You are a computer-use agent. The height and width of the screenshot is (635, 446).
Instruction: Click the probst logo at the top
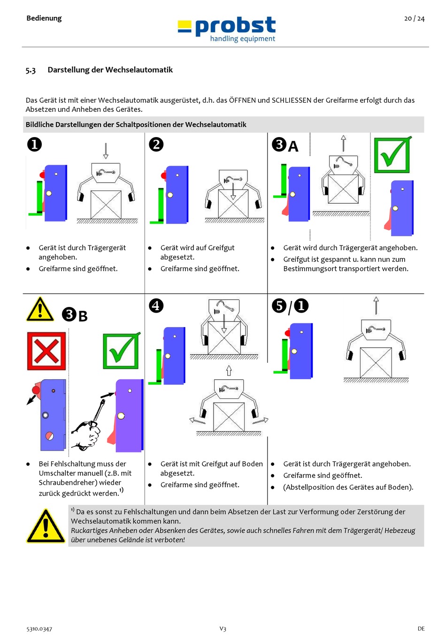tap(227, 30)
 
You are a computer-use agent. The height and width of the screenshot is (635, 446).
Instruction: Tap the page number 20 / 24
tap(414, 19)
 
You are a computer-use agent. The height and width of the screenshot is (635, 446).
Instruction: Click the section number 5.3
tap(31, 70)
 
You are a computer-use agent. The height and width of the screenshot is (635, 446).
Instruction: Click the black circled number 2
tap(156, 144)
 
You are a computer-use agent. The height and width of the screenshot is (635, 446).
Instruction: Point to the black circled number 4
tap(156, 306)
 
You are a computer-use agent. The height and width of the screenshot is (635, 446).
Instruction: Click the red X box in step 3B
tap(46, 351)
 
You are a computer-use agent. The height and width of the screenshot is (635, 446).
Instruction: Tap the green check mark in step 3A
tap(392, 154)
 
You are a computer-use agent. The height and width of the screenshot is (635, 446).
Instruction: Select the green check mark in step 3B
tap(121, 351)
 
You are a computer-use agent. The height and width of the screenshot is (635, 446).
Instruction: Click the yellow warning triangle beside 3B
tap(40, 309)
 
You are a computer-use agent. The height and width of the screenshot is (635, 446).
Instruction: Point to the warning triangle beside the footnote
tap(46, 526)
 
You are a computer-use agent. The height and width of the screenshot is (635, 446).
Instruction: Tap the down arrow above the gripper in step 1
tap(106, 151)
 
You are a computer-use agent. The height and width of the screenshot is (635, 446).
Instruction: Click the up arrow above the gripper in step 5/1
tap(376, 306)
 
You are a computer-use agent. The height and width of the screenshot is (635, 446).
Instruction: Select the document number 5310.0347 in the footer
tap(39, 629)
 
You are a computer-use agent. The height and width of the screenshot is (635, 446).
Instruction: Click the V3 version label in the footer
tap(223, 628)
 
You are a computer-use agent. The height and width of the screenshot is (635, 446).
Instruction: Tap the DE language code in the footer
tap(421, 628)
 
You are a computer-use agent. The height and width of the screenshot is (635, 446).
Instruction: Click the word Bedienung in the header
tap(44, 18)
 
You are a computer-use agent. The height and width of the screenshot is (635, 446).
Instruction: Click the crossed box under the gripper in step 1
tap(106, 204)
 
